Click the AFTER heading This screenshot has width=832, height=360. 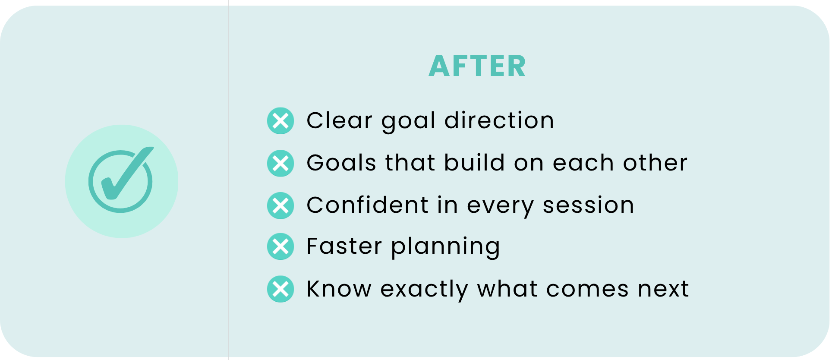(477, 66)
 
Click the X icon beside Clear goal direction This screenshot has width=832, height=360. (280, 121)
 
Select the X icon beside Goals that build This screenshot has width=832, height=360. (280, 163)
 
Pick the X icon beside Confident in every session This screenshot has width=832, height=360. (280, 205)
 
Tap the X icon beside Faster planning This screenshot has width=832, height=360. (280, 246)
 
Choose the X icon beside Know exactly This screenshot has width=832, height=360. (280, 289)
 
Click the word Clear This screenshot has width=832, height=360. (339, 120)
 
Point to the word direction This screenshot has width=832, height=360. (499, 120)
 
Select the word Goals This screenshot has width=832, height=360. (341, 163)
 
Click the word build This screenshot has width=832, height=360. (474, 162)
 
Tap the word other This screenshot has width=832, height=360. (655, 163)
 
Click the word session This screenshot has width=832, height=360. (589, 205)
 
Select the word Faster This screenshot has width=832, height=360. (344, 246)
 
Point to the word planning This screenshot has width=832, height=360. (446, 247)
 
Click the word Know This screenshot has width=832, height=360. (339, 288)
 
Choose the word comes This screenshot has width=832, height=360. (587, 289)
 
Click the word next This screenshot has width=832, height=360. (663, 289)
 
